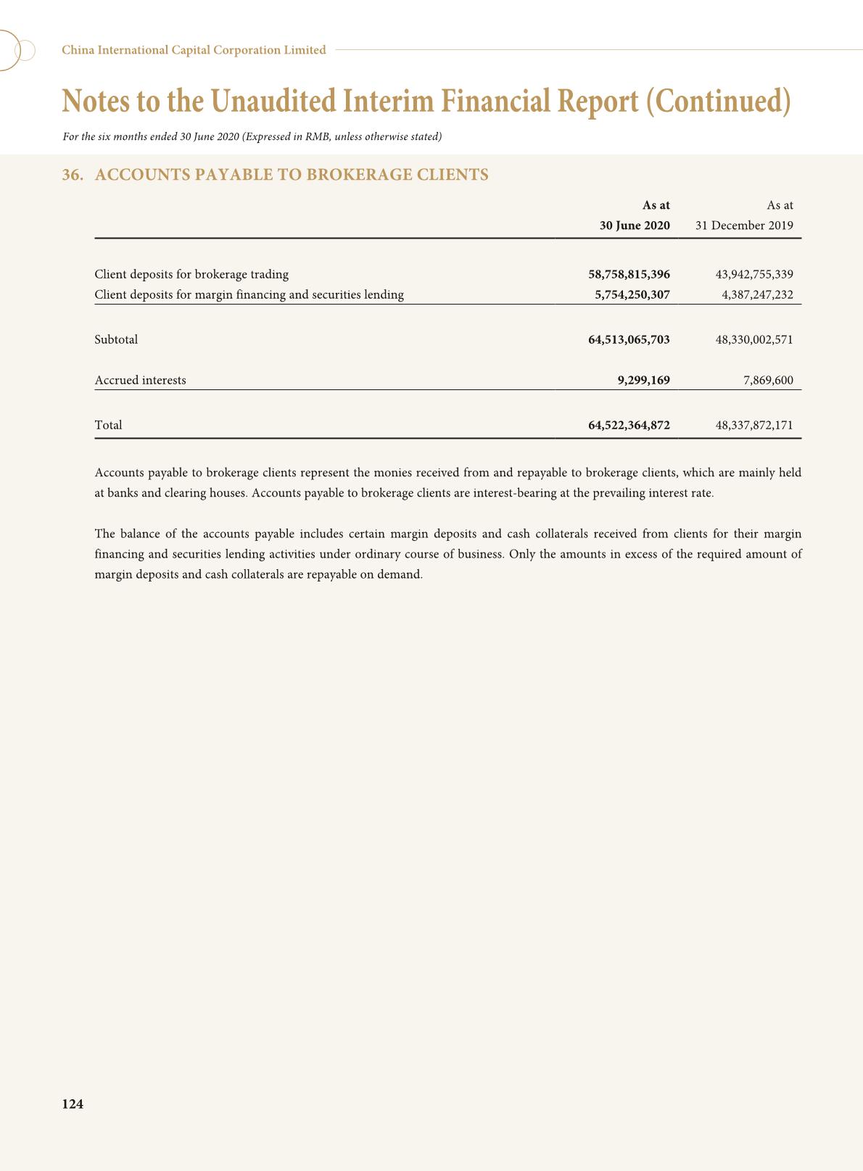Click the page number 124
73,1104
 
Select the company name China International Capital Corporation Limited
194,50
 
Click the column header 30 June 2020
635,225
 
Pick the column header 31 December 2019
744,225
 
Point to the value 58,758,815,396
629,274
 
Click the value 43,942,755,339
754,274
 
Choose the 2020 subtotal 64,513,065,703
629,339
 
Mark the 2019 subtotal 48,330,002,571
754,339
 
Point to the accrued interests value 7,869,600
768,380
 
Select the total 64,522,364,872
629,425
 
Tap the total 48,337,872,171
754,425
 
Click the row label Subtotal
116,339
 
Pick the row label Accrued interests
140,380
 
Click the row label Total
108,425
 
